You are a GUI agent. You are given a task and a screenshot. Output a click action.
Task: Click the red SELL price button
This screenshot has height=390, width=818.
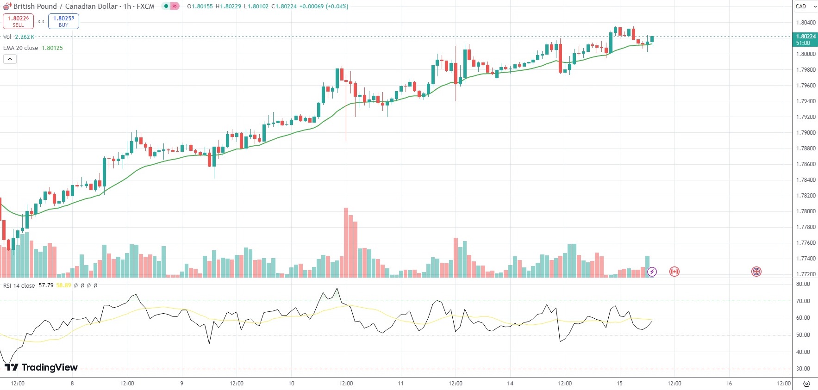coord(18,21)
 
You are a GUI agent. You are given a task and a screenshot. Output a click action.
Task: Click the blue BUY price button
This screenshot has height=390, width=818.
coord(63,21)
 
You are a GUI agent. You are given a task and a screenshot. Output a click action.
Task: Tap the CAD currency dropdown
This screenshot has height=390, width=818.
coord(806,6)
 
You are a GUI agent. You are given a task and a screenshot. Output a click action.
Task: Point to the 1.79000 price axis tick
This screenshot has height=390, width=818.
coord(806,133)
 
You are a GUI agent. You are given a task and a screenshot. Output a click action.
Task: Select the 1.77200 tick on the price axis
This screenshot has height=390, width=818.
coord(806,274)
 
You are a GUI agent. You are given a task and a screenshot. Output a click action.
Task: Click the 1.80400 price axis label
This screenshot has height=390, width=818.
coord(806,23)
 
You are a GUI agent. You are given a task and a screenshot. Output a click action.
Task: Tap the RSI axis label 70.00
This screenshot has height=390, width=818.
coord(803,301)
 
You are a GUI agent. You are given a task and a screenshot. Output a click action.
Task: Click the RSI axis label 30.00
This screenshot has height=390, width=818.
coord(803,369)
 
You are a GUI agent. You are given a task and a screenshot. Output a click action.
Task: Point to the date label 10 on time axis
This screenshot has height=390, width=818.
coord(291,384)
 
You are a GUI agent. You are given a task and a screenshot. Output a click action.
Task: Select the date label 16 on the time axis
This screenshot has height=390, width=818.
coord(729,384)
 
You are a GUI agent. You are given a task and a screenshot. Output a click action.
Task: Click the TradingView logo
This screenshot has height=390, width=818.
coord(41,367)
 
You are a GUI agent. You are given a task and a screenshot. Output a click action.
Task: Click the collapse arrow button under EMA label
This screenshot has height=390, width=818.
coord(10,59)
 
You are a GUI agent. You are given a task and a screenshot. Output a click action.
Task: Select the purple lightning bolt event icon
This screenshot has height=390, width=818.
coord(652,272)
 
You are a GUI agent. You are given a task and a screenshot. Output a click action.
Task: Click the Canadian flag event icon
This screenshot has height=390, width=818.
coord(674,272)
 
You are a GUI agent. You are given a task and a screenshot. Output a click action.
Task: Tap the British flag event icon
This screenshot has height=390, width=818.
coord(756,272)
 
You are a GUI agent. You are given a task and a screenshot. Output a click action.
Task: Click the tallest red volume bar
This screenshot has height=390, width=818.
coord(346,242)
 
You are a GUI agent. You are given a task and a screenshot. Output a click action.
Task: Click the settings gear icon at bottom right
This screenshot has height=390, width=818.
coord(806,384)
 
